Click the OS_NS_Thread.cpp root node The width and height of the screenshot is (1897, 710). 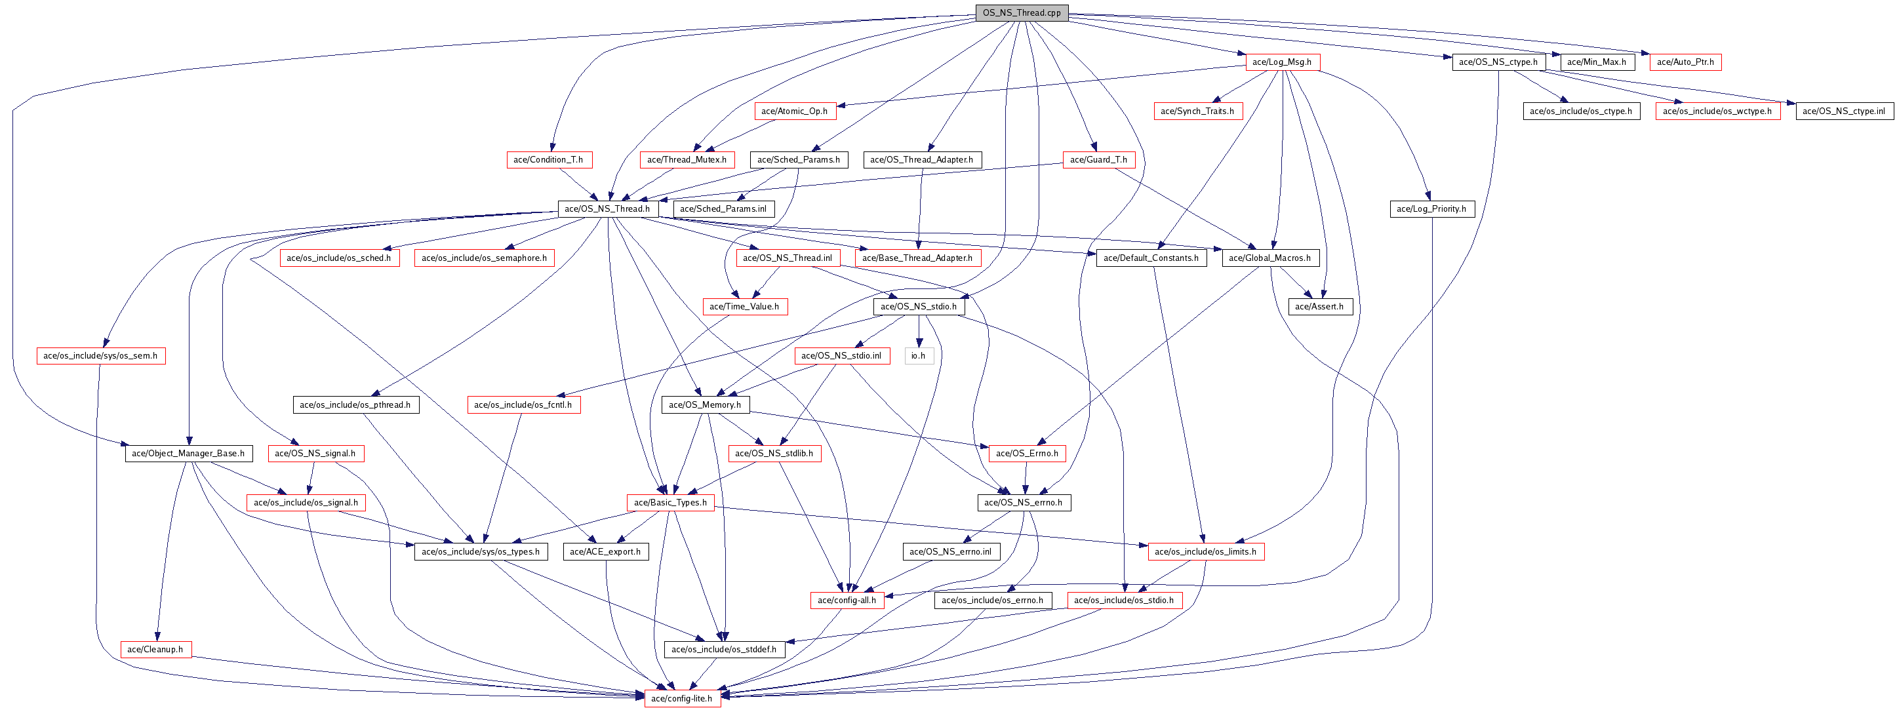tap(1022, 12)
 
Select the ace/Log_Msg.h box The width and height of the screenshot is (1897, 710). tap(1281, 62)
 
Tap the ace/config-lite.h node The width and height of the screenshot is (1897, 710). tap(681, 698)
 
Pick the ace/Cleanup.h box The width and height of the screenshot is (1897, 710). tap(155, 649)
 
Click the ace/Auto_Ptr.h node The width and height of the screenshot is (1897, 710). tap(1685, 62)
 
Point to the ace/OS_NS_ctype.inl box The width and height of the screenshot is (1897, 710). tap(1843, 111)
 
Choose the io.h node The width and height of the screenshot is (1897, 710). tap(917, 356)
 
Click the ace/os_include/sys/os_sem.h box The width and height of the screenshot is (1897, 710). tap(100, 356)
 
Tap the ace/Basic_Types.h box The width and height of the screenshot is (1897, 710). tap(669, 502)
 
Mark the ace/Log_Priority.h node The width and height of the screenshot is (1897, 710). tap(1431, 208)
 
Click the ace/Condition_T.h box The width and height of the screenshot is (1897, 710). tap(548, 159)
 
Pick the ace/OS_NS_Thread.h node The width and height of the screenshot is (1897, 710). tap(607, 208)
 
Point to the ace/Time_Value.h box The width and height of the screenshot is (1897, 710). tap(744, 306)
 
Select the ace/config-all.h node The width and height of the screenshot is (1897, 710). tap(846, 601)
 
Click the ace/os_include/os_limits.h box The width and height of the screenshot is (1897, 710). tap(1205, 551)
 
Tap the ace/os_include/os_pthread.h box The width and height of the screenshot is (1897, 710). tap(355, 404)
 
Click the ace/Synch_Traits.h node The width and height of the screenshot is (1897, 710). tap(1197, 111)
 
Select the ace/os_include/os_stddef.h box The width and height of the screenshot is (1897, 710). tap(723, 649)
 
